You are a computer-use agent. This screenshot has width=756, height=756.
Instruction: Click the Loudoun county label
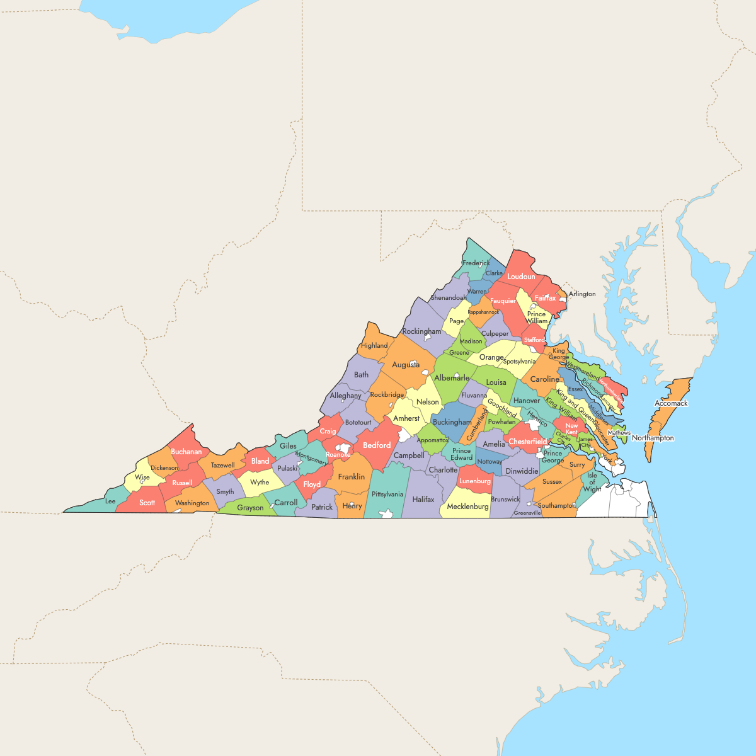pyautogui.click(x=521, y=277)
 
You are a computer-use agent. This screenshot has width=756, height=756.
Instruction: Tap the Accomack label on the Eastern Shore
pyautogui.click(x=671, y=403)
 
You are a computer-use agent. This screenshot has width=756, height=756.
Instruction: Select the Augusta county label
pyautogui.click(x=406, y=365)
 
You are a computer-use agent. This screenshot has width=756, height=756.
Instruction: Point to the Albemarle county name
pyautogui.click(x=452, y=378)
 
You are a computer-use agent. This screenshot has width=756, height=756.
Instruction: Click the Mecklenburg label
pyautogui.click(x=467, y=507)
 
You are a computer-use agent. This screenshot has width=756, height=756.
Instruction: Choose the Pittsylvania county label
pyautogui.click(x=387, y=495)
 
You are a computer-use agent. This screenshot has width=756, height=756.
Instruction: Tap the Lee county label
pyautogui.click(x=110, y=501)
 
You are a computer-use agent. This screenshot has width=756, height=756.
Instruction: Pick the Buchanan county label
pyautogui.click(x=186, y=452)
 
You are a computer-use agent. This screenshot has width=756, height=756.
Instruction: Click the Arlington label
pyautogui.click(x=582, y=294)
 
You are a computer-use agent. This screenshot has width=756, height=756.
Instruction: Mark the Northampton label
pyautogui.click(x=653, y=438)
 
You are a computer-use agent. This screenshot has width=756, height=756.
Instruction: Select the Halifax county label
pyautogui.click(x=423, y=500)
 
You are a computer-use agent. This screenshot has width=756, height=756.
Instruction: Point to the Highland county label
pyautogui.click(x=374, y=345)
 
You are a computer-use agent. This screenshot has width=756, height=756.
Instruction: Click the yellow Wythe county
pyautogui.click(x=260, y=483)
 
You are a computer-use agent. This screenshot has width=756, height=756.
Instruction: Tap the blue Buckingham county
pyautogui.click(x=452, y=422)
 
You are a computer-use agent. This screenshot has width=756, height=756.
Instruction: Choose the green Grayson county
pyautogui.click(x=250, y=508)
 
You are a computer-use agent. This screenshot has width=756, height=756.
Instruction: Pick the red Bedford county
pyautogui.click(x=377, y=445)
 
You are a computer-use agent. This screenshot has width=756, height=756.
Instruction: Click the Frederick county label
pyautogui.click(x=476, y=263)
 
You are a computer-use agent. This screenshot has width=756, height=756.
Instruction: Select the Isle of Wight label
pyautogui.click(x=592, y=483)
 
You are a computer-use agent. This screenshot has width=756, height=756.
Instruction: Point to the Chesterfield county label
pyautogui.click(x=528, y=442)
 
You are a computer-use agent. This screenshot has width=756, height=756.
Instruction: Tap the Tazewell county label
pyautogui.click(x=223, y=466)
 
